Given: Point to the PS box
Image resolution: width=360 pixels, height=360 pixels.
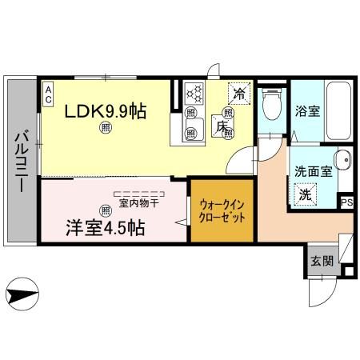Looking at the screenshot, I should pos(346,202).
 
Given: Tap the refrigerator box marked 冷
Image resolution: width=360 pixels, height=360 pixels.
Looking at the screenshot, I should pos(239,94).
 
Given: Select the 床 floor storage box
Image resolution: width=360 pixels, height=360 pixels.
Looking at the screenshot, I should pos(221,126).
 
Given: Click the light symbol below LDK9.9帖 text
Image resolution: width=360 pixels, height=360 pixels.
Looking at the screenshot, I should pos(104,126).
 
